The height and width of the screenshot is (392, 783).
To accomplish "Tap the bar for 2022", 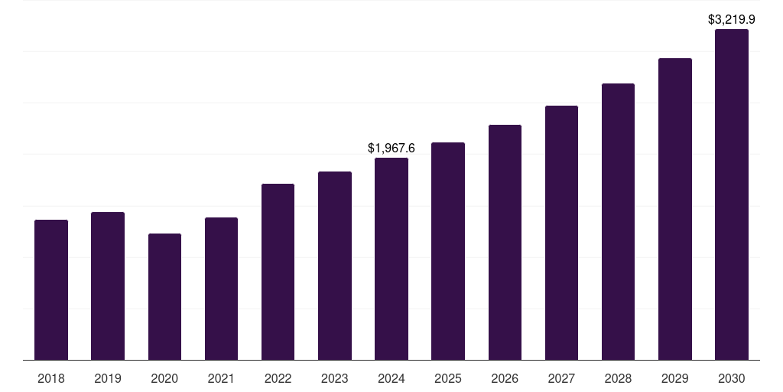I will pos(278,272).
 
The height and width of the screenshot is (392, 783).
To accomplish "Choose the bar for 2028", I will pos(618,221).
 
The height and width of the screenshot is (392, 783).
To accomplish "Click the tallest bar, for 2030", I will pos(732,194).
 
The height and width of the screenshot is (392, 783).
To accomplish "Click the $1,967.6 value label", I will pos(391,148).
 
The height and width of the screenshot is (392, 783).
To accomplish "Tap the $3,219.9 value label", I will pos(732,19).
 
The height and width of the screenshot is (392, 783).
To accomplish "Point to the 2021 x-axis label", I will pos(221,378).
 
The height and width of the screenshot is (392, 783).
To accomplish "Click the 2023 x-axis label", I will pos(335,378).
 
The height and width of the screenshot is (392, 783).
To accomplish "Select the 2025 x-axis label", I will pos(448,378).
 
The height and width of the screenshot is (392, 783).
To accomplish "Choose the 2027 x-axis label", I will pos(561,378).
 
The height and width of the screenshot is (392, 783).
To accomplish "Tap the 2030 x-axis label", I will pos(732,378).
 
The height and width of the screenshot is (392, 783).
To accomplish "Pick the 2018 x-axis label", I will pos(51,378).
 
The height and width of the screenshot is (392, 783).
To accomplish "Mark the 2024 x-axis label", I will pos(391,378).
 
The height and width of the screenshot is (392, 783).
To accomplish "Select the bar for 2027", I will pos(561,233).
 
